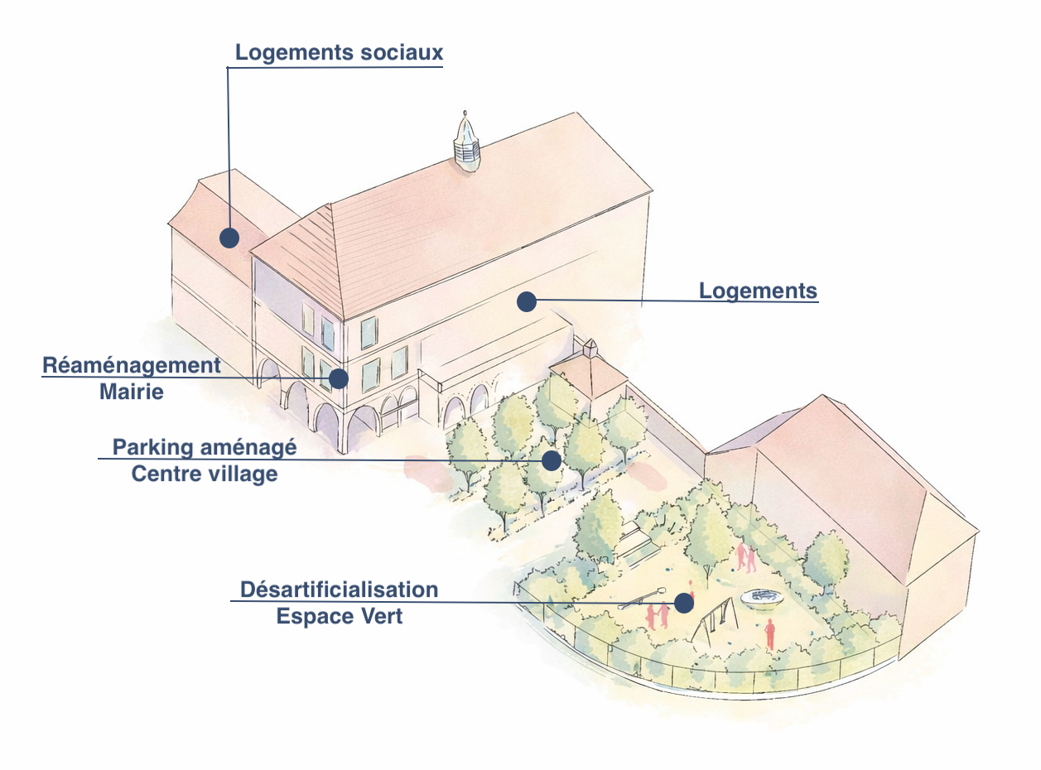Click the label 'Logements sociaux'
tap(339, 53)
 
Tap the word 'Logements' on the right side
tap(758, 291)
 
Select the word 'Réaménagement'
tap(132, 365)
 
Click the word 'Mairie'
tap(132, 391)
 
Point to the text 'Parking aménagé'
tap(205, 448)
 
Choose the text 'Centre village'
tap(205, 474)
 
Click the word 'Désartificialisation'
tap(339, 590)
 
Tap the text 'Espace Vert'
tap(339, 616)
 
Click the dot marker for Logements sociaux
tap(229, 238)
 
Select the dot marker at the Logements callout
tap(526, 302)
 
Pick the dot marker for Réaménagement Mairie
tap(338, 378)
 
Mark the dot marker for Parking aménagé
tap(552, 460)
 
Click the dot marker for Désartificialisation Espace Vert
tap(683, 604)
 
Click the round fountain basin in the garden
tap(760, 597)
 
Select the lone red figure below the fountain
tap(769, 633)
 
